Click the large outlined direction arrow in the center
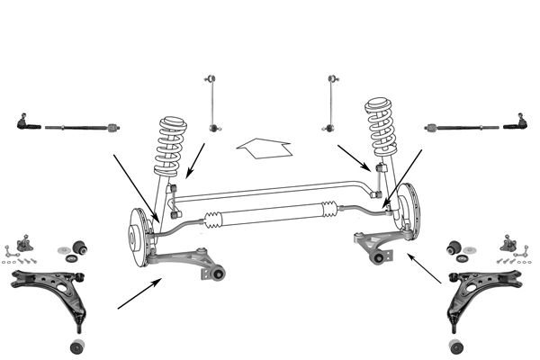tap(263, 145)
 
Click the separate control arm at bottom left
tap(49, 288)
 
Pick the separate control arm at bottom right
tap(486, 288)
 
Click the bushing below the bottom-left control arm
tap(77, 346)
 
